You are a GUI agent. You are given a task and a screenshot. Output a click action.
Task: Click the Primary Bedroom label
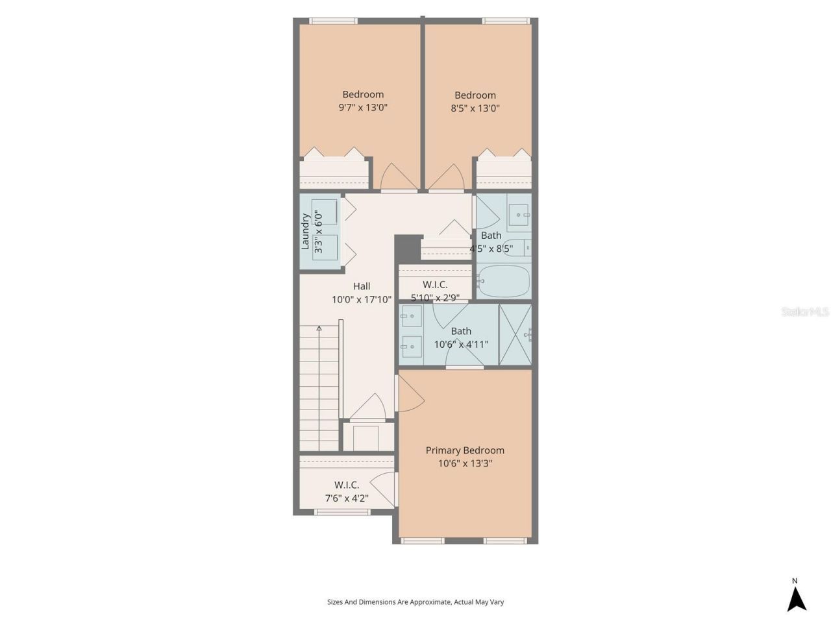tap(465, 450)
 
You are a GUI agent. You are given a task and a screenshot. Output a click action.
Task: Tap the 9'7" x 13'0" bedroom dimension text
tap(363, 108)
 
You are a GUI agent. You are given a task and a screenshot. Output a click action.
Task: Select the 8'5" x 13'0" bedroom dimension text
tap(475, 108)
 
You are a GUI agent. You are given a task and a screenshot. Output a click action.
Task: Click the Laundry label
tap(305, 232)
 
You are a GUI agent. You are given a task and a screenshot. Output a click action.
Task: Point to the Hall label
tap(362, 286)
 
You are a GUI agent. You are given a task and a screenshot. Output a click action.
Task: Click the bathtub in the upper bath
tap(504, 281)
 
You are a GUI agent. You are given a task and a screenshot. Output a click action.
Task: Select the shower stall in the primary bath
tap(515, 335)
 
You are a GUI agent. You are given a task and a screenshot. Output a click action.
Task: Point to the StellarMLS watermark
tap(804, 312)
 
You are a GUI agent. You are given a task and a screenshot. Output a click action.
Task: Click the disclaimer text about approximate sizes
tap(415, 602)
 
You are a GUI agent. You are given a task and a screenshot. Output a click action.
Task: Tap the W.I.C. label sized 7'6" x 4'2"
tap(347, 485)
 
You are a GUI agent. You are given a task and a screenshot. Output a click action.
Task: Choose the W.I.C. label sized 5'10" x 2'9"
tap(435, 285)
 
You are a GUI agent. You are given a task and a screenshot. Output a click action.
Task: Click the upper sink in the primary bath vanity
tap(410, 317)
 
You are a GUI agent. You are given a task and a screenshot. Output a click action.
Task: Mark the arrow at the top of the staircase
tap(319, 329)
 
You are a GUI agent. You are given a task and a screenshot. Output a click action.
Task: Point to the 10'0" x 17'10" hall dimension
tap(362, 300)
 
